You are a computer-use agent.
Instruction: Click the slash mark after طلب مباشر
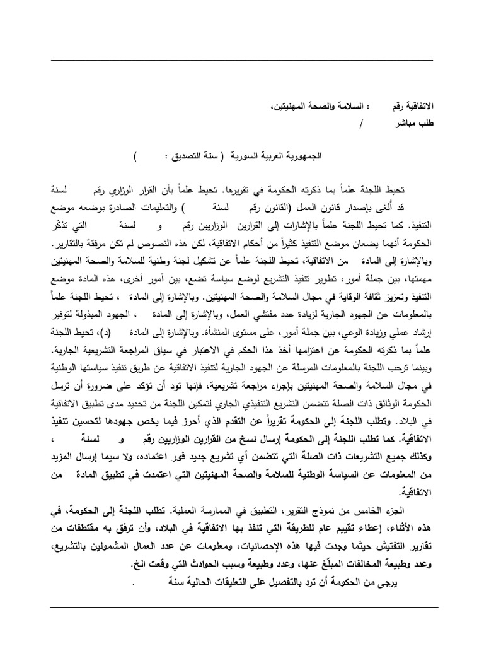click(x=342, y=123)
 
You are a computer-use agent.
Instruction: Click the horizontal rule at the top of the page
click(x=242, y=60)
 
